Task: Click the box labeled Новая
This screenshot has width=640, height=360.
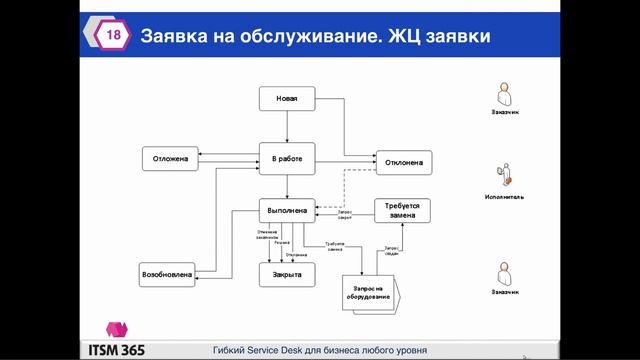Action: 287,98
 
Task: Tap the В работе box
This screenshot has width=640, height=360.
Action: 287,157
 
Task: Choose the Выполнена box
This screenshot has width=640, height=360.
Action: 287,211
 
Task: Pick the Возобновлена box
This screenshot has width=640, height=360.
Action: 166,272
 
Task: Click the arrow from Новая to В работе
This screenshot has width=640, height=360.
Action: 287,127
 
